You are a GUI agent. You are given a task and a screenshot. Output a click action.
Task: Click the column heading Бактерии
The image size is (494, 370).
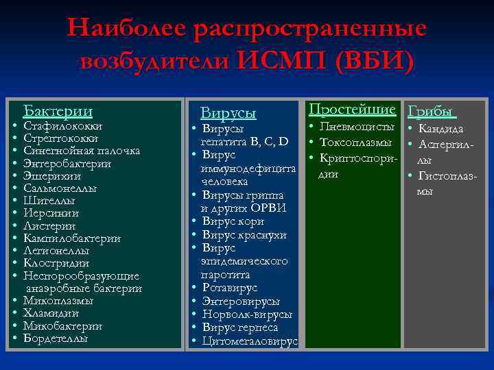[x=58, y=111]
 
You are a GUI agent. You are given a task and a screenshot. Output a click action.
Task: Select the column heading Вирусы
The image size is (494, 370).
[x=228, y=113]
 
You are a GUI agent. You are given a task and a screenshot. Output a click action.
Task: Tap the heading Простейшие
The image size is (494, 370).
[x=352, y=110]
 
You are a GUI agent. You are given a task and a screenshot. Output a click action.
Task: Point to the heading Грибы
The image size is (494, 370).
[x=432, y=111]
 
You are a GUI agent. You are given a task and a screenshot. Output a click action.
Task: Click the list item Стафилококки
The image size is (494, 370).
[x=63, y=127]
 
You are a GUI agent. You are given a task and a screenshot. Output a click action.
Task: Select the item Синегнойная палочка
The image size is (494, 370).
[x=82, y=151]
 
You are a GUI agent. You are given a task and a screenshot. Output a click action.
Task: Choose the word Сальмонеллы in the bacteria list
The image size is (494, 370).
[x=60, y=188]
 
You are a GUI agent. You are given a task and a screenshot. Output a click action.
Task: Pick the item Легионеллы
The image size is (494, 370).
[x=56, y=251]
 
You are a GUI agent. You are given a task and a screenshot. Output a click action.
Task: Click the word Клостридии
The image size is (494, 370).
[x=56, y=263]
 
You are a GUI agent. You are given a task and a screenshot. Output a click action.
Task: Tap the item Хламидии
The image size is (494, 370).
[x=51, y=313]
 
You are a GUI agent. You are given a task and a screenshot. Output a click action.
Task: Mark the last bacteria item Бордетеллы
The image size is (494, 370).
[x=56, y=338]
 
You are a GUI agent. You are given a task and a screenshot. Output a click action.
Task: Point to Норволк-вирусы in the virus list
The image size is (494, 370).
[x=248, y=314]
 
